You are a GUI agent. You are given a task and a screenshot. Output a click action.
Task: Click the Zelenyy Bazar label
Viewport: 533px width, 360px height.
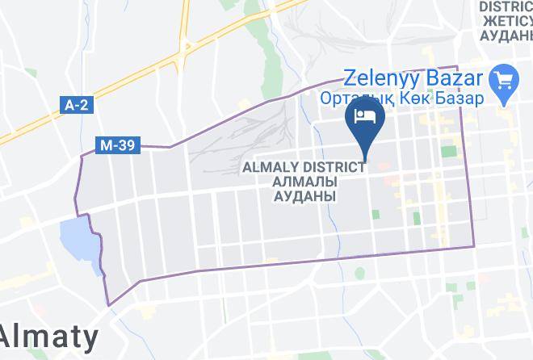tap(414, 80)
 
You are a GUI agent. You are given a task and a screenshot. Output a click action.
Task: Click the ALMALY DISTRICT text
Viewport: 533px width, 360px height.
tap(304, 167)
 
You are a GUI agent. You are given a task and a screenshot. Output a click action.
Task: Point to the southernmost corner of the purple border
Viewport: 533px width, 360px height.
tap(108, 306)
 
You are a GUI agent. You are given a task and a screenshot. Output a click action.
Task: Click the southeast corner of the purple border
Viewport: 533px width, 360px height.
tap(473, 246)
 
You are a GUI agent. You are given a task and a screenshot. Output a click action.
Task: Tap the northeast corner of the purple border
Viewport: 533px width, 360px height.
tap(458, 67)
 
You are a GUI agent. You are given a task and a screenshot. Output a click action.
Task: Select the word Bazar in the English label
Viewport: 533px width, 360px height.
tap(457, 80)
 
